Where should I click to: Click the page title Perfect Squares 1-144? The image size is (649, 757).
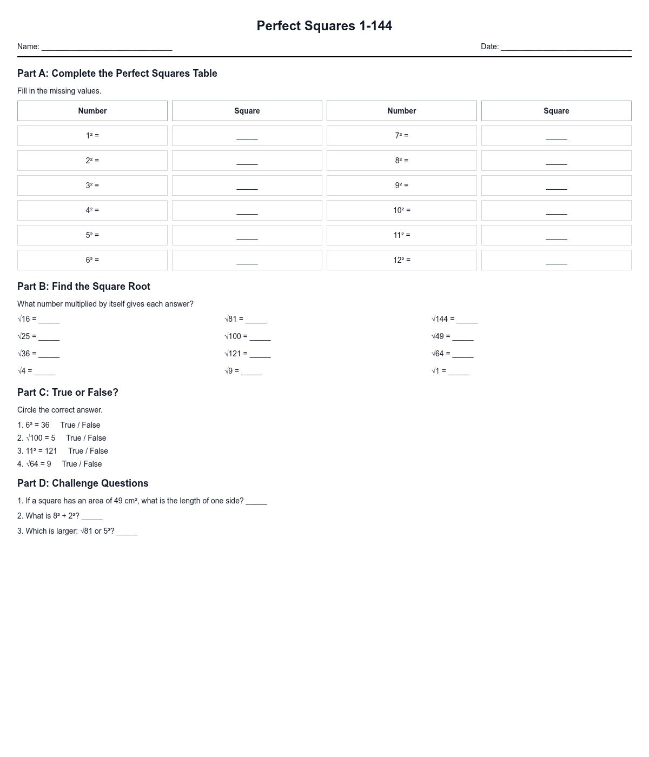(x=325, y=26)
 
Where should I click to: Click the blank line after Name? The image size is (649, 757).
(x=107, y=48)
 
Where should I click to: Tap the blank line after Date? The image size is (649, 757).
(x=566, y=48)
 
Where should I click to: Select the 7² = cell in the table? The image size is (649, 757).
(x=402, y=136)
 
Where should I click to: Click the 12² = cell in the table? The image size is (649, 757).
(x=402, y=260)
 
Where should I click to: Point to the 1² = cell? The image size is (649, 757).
(x=92, y=136)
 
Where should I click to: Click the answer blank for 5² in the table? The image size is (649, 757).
(x=247, y=236)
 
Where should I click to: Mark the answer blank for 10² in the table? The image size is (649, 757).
(x=557, y=211)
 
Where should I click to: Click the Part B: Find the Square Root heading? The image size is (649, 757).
(x=84, y=287)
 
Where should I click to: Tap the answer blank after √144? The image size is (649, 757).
(x=467, y=320)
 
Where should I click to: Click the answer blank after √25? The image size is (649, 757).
(x=49, y=337)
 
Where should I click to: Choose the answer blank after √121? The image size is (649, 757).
(x=260, y=355)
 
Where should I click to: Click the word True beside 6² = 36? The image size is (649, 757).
(x=68, y=425)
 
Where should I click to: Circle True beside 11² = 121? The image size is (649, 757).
(x=76, y=451)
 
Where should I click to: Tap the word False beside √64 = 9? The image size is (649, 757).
(x=92, y=464)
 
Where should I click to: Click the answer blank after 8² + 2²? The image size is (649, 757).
(x=92, y=517)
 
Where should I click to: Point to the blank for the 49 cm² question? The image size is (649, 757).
(x=256, y=502)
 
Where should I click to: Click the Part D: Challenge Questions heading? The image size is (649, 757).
(x=83, y=483)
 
